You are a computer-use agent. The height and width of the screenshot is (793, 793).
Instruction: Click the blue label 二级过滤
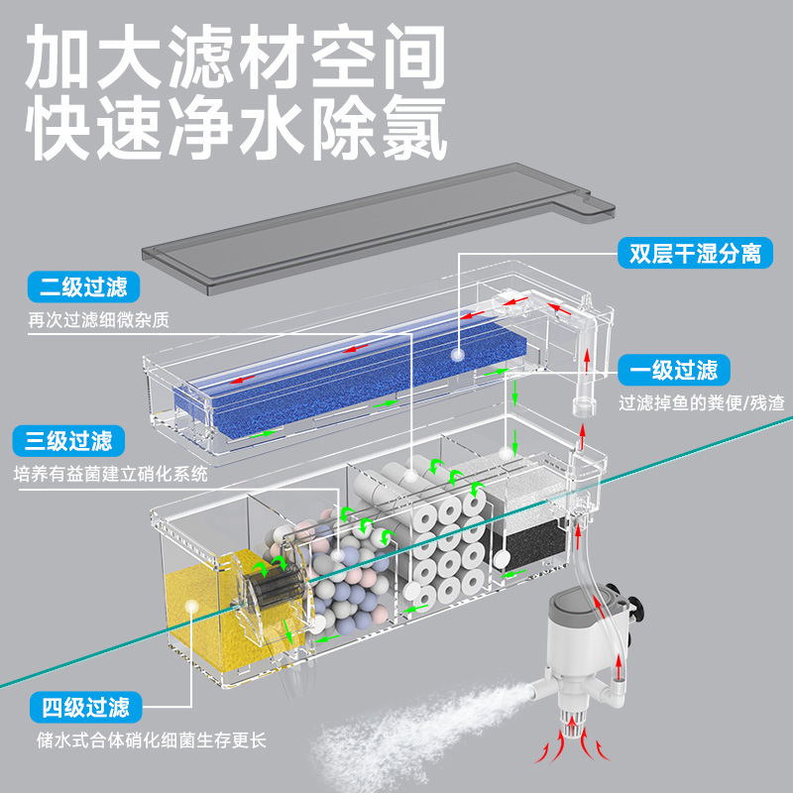tap(84, 288)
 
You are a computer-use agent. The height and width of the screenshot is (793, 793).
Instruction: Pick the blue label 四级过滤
tap(84, 708)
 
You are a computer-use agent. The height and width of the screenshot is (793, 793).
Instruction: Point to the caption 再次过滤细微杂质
tap(99, 320)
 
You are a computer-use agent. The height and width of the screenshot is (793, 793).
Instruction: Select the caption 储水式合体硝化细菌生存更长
tap(149, 740)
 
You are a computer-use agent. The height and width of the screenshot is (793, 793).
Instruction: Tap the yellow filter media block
tap(203, 615)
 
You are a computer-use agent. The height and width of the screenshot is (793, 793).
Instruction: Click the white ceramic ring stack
tap(446, 555)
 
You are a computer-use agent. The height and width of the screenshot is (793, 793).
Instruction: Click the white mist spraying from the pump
tap(426, 734)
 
